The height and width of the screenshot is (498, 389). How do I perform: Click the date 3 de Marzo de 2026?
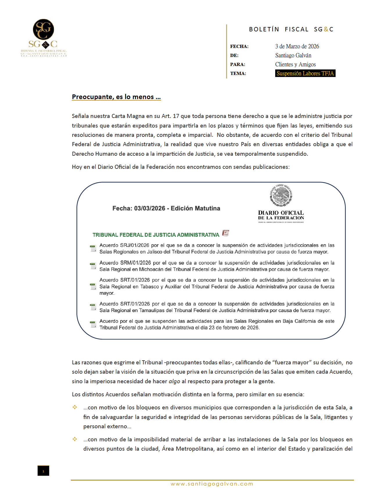pyautogui.click(x=297, y=46)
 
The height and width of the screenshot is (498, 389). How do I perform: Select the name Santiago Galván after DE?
pyautogui.click(x=293, y=55)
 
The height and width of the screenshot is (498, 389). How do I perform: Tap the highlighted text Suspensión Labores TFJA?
pyautogui.click(x=305, y=74)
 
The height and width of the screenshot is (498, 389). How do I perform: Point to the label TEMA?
pyautogui.click(x=238, y=74)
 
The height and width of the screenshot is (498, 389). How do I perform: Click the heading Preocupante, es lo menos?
pyautogui.click(x=116, y=97)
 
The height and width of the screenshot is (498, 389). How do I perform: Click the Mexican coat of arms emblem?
pyautogui.click(x=281, y=195)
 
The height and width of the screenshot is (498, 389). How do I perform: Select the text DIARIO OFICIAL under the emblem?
pyautogui.click(x=281, y=213)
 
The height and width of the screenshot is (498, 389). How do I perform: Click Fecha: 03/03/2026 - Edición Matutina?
pyautogui.click(x=166, y=208)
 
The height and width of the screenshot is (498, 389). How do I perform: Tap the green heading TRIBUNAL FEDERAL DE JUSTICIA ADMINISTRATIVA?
pyautogui.click(x=156, y=235)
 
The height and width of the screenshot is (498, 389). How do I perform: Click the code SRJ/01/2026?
pyautogui.click(x=135, y=246)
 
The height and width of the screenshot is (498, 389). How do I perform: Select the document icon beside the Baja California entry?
pyautogui.click(x=93, y=324)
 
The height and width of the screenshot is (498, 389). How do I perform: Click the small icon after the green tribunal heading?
pyautogui.click(x=226, y=233)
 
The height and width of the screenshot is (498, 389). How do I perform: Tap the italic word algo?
pyautogui.click(x=174, y=381)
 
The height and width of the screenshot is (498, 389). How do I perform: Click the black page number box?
pyautogui.click(x=43, y=471)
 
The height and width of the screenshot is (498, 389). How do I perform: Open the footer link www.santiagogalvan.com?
pyautogui.click(x=212, y=484)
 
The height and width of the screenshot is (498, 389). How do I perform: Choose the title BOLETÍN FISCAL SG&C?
pyautogui.click(x=291, y=29)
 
